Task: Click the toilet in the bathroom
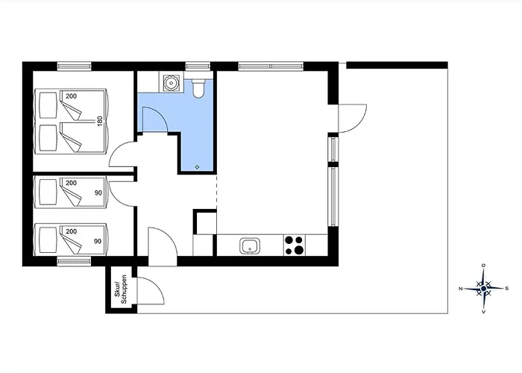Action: [x=198, y=88]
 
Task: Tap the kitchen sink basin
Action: [x=250, y=246]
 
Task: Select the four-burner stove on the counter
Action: [x=295, y=245]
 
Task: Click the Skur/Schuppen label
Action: [x=121, y=289]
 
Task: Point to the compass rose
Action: [x=484, y=289]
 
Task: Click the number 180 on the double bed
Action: [x=100, y=121]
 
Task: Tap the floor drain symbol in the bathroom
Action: [x=197, y=167]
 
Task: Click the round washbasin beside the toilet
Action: [x=171, y=83]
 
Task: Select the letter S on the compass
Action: [x=507, y=289]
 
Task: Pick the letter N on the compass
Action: [x=461, y=289]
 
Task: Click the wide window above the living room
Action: [x=271, y=66]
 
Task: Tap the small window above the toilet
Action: [x=198, y=66]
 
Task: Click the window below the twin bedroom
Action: [x=74, y=261]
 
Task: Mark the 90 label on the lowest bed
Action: [x=98, y=241]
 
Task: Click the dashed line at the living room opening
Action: [x=217, y=191]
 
